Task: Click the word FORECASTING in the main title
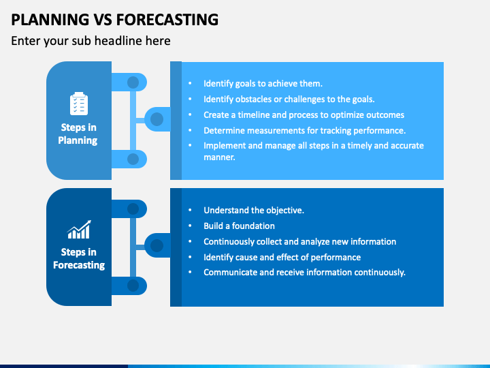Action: (167, 19)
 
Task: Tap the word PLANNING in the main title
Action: (50, 19)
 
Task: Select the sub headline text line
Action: (91, 41)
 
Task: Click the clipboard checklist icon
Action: (79, 104)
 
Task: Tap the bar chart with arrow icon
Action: (79, 230)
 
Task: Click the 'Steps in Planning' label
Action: (78, 134)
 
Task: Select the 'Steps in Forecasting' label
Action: (79, 258)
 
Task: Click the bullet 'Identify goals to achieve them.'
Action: (263, 84)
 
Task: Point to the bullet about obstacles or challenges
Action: (289, 99)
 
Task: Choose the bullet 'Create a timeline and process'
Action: (304, 115)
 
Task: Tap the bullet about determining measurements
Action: (305, 130)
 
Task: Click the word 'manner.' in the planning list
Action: (219, 157)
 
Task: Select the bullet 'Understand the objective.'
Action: (254, 211)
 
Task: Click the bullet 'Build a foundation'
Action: (239, 226)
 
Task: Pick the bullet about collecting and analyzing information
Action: (299, 241)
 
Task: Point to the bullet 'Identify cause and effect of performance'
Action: (282, 257)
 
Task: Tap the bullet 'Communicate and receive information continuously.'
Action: (304, 272)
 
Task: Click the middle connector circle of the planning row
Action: (157, 119)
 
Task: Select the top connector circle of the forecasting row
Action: (133, 209)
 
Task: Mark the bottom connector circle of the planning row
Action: (133, 159)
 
